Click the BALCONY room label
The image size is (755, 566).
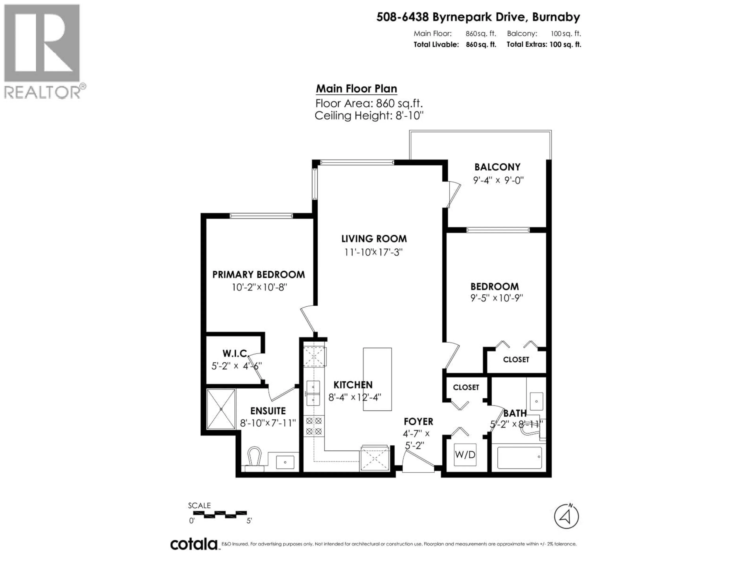click(497, 167)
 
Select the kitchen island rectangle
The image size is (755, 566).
click(377, 379)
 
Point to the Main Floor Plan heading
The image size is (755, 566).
click(356, 89)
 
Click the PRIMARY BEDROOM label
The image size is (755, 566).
click(258, 275)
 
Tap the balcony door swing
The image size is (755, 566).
click(453, 195)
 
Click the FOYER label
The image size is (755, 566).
click(418, 422)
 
